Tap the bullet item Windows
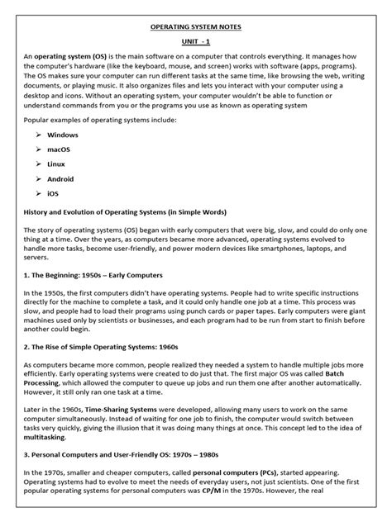click(x=63, y=134)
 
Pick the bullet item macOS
click(x=60, y=149)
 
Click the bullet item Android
click(x=62, y=180)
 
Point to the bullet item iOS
click(x=54, y=196)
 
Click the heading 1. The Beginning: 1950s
click(x=93, y=274)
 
